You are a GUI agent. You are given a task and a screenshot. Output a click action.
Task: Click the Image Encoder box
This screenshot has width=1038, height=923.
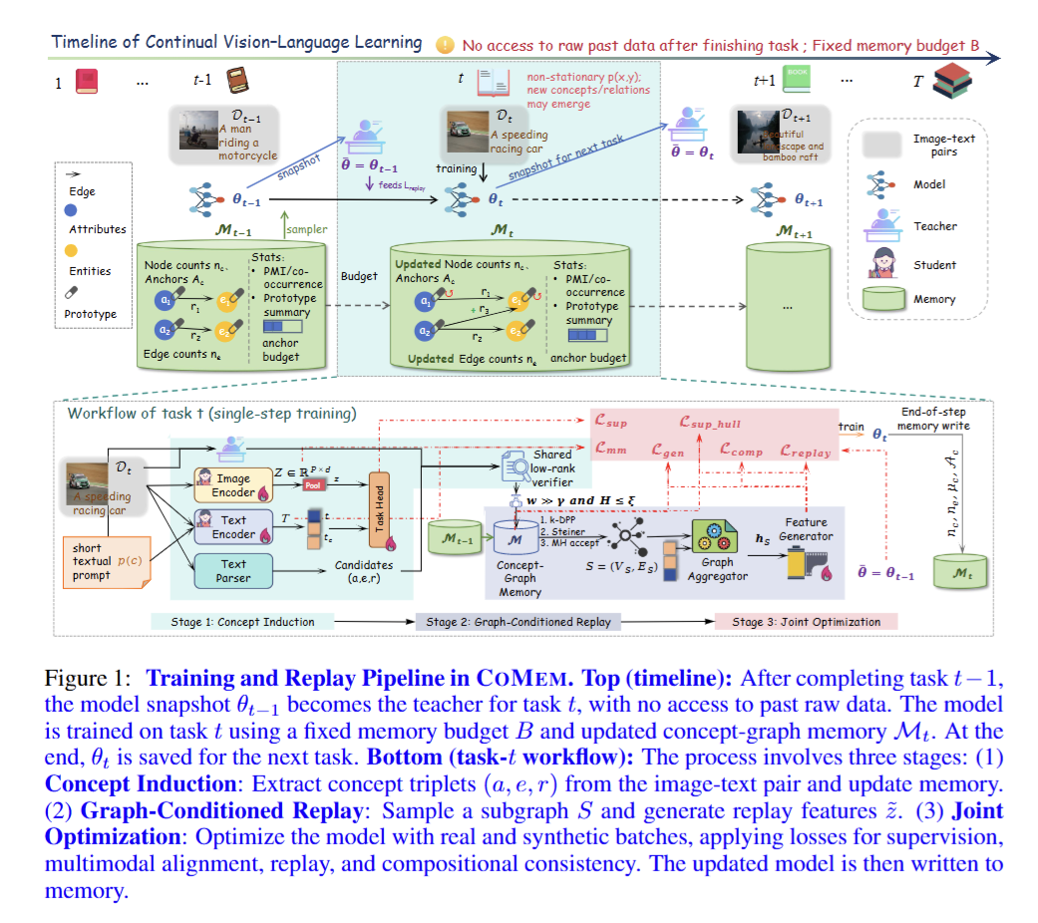coord(233,485)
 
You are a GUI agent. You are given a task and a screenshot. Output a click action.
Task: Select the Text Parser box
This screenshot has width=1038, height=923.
coord(233,570)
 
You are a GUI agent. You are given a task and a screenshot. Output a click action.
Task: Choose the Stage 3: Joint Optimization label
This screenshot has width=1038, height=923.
coord(806,622)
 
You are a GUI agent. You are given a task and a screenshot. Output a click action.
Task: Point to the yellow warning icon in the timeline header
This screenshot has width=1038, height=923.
coord(445,45)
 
